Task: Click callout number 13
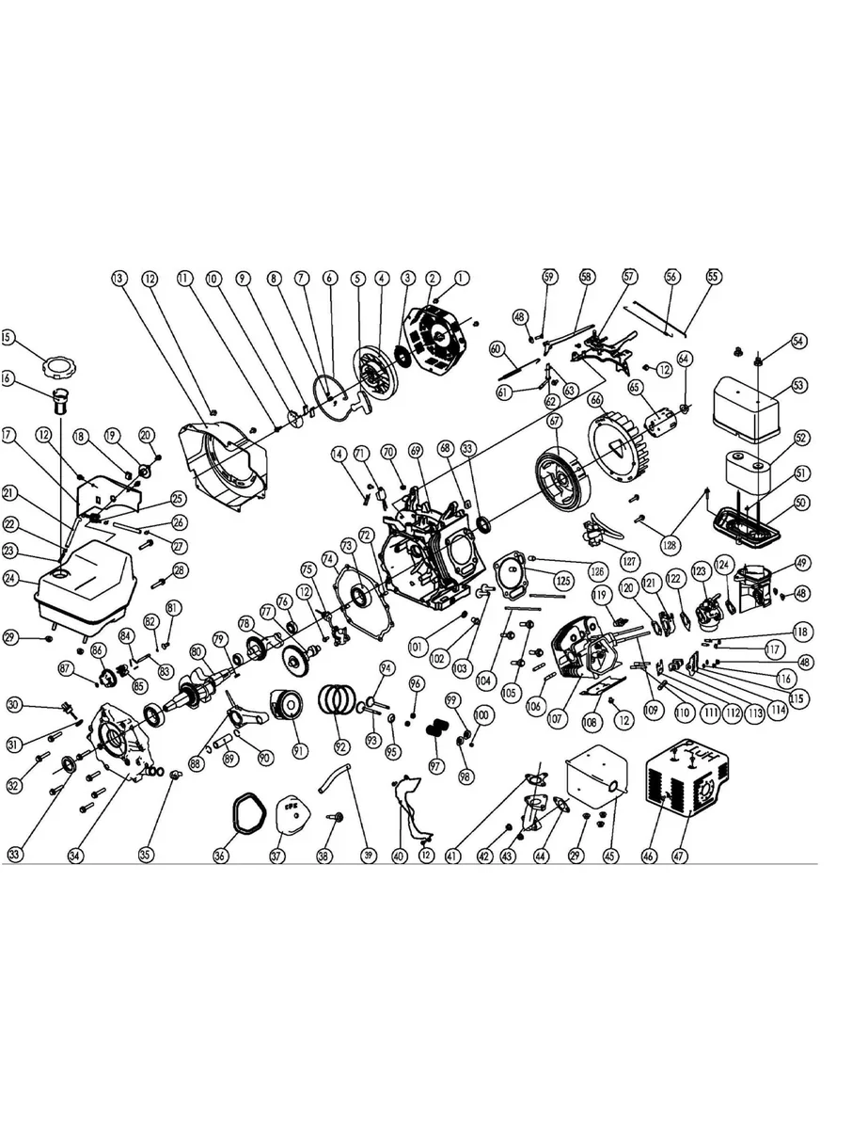point(118,279)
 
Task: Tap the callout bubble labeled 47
point(680,855)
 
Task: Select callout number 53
point(799,386)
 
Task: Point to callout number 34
point(74,855)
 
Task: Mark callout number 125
point(562,581)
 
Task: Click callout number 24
point(9,579)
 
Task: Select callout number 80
point(197,651)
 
